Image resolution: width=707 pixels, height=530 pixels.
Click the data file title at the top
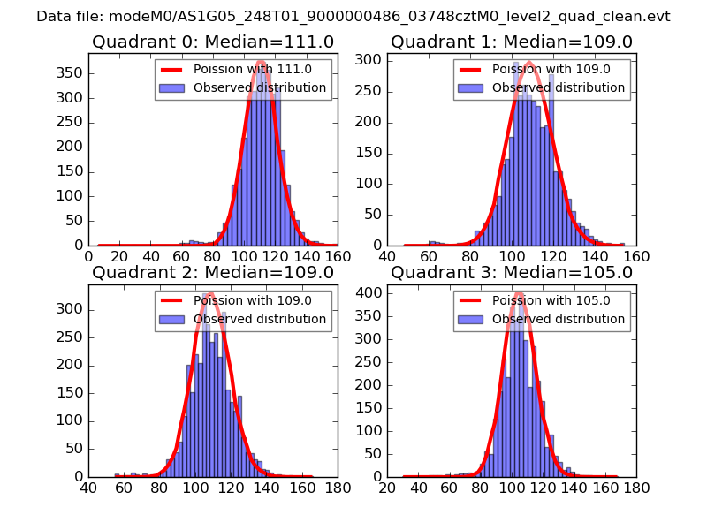tap(353, 17)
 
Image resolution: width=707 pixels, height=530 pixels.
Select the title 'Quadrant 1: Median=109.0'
tap(512, 42)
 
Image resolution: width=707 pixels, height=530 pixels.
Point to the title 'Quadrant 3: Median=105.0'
tap(512, 272)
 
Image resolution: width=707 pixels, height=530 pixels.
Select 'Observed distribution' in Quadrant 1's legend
tap(558, 88)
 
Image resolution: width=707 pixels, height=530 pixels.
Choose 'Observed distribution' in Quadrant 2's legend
tap(259, 320)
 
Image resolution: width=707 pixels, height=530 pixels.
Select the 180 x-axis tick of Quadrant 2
tap(337, 488)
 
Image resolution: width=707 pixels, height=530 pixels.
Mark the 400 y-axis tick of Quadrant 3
tap(373, 291)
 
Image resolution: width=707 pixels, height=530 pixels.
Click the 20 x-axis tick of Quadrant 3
tap(387, 488)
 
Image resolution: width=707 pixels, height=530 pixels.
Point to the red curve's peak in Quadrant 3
tap(519, 292)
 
